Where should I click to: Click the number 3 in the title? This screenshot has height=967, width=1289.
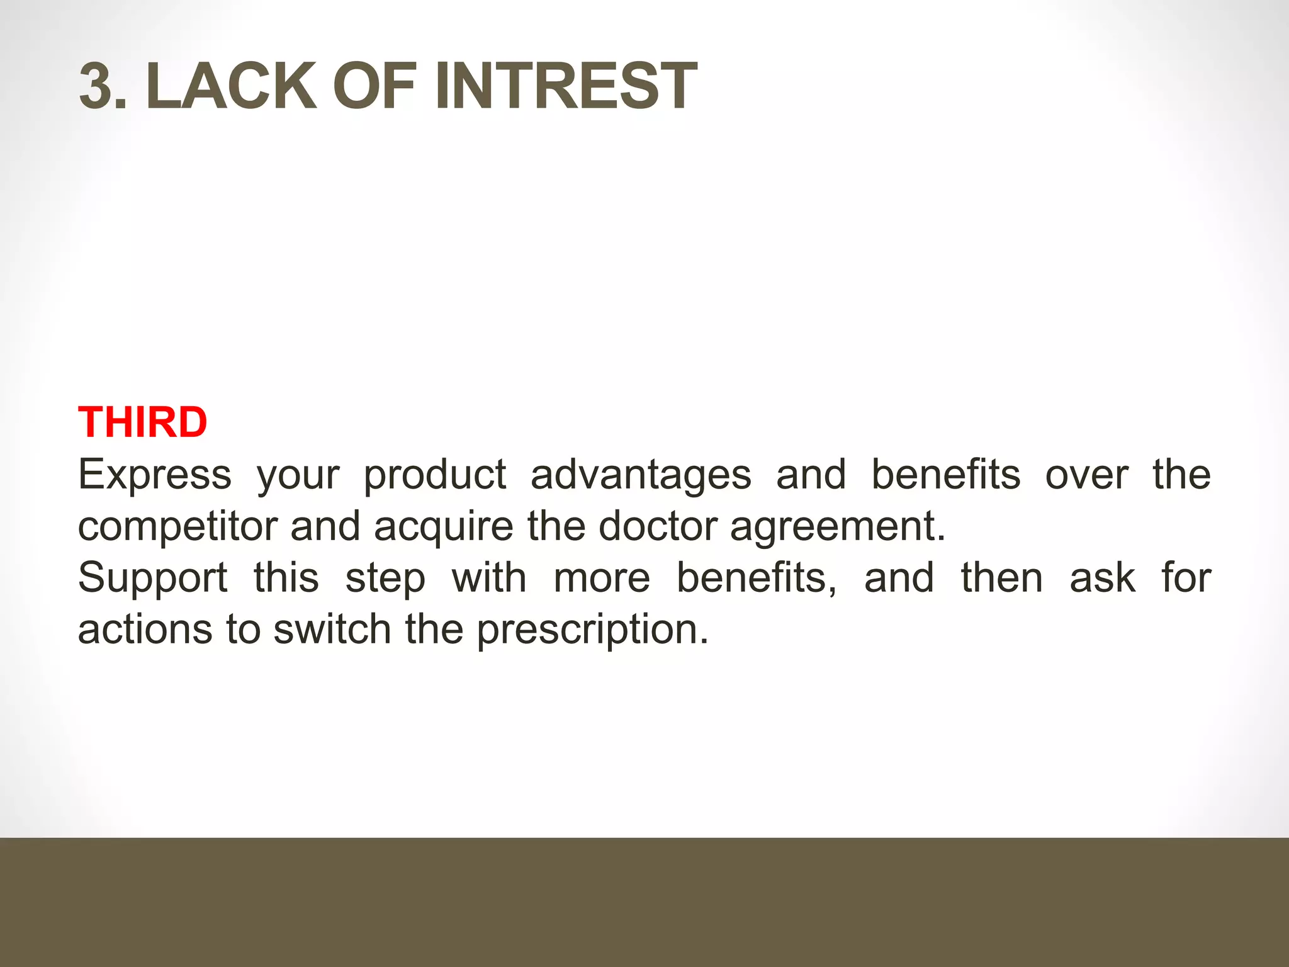pyautogui.click(x=97, y=86)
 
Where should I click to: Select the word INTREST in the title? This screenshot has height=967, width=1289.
pyautogui.click(x=565, y=86)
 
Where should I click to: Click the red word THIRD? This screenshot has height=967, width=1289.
pyautogui.click(x=143, y=422)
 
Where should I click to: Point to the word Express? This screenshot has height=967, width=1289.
pyautogui.click(x=155, y=475)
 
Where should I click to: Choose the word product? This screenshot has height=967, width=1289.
pyautogui.click(x=435, y=475)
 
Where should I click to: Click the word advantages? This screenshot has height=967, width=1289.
pyautogui.click(x=641, y=475)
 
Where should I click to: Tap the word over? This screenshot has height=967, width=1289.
pyautogui.click(x=1086, y=475)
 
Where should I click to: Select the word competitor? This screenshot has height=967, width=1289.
pyautogui.click(x=177, y=526)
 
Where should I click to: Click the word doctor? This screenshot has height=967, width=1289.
pyautogui.click(x=658, y=526)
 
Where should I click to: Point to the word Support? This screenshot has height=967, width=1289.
pyautogui.click(x=153, y=579)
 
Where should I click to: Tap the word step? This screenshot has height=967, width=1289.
pyautogui.click(x=385, y=579)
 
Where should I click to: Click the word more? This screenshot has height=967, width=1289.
pyautogui.click(x=602, y=579)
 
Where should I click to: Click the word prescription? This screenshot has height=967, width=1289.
pyautogui.click(x=592, y=630)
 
